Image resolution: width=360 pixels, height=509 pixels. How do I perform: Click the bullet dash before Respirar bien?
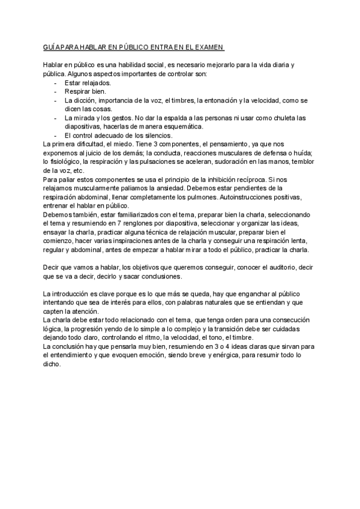point(56,91)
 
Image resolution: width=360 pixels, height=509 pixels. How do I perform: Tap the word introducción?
point(73,294)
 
